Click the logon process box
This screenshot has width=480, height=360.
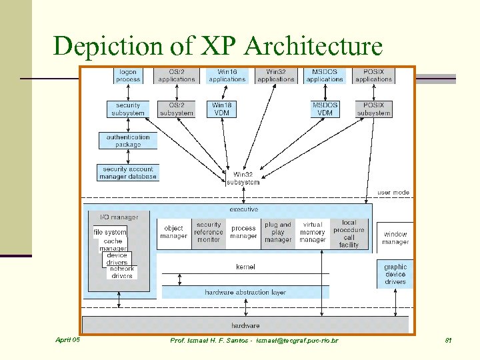point(128,75)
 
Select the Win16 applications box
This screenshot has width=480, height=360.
point(227,75)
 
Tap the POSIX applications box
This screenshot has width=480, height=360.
point(373,75)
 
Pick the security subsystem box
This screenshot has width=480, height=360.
point(128,109)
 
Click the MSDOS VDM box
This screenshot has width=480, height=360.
point(325,109)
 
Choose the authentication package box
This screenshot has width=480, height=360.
point(128,141)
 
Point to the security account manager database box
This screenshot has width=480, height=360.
point(128,173)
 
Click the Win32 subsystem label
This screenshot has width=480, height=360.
point(243,179)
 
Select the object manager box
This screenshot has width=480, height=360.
point(173,232)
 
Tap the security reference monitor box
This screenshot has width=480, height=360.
point(209,232)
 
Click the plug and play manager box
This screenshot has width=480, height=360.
point(278,232)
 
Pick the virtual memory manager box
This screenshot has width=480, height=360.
point(313,232)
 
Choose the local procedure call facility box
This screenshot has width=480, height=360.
point(349,233)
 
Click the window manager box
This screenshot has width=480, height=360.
point(395,238)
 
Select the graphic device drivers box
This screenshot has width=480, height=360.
point(395,274)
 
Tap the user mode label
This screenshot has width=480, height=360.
point(393,193)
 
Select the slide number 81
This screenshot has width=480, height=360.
point(449,341)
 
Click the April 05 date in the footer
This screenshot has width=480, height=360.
point(67,340)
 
